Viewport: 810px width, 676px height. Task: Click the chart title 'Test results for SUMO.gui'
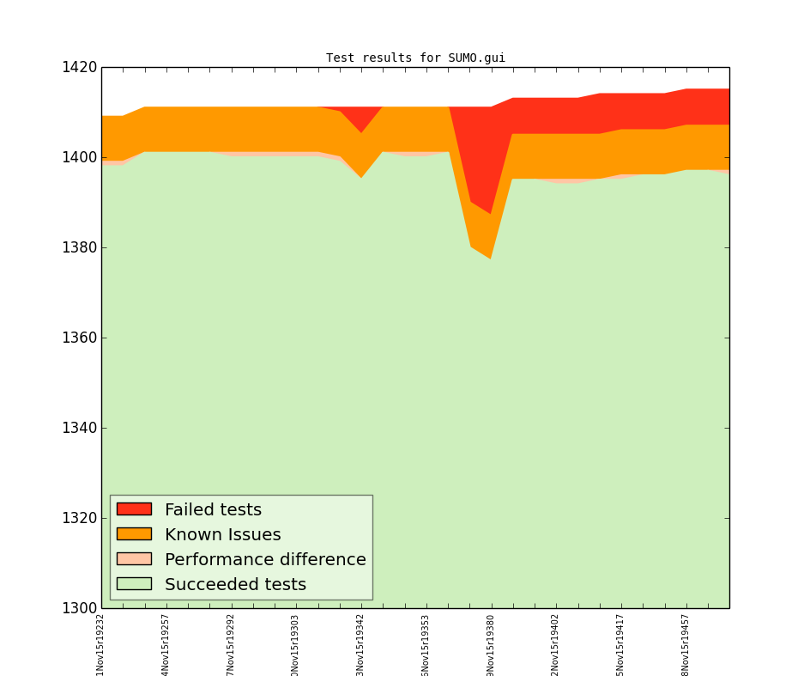coord(415,58)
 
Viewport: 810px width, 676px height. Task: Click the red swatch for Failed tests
coord(134,509)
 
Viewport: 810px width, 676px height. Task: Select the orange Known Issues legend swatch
coord(134,534)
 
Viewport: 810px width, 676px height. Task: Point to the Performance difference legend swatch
coord(134,559)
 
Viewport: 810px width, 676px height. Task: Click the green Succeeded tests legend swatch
coord(134,584)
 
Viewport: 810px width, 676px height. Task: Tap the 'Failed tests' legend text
coord(213,510)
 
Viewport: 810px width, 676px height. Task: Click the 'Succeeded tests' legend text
coord(235,585)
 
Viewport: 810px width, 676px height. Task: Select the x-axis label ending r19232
coord(100,644)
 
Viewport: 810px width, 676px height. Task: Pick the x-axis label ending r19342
coord(360,644)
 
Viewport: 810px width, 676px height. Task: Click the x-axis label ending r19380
coord(491,644)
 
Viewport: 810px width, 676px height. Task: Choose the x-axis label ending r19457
coord(686,644)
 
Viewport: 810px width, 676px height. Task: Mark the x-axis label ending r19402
coord(555,644)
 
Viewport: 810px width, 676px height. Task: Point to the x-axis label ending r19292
coord(231,644)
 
